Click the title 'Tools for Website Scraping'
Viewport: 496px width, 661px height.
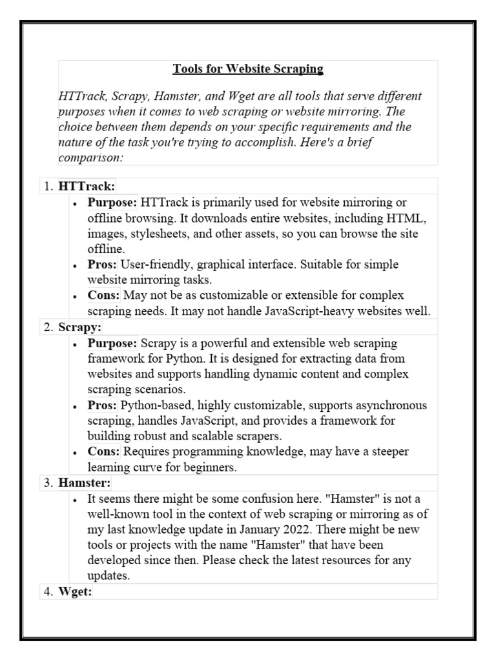tap(248, 68)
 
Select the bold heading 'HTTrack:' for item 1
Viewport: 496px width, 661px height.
tap(87, 187)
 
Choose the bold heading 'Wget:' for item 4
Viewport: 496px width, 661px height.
tap(76, 593)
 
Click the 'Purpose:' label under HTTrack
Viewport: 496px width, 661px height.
tap(112, 203)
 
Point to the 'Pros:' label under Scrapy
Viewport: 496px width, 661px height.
tap(102, 405)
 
